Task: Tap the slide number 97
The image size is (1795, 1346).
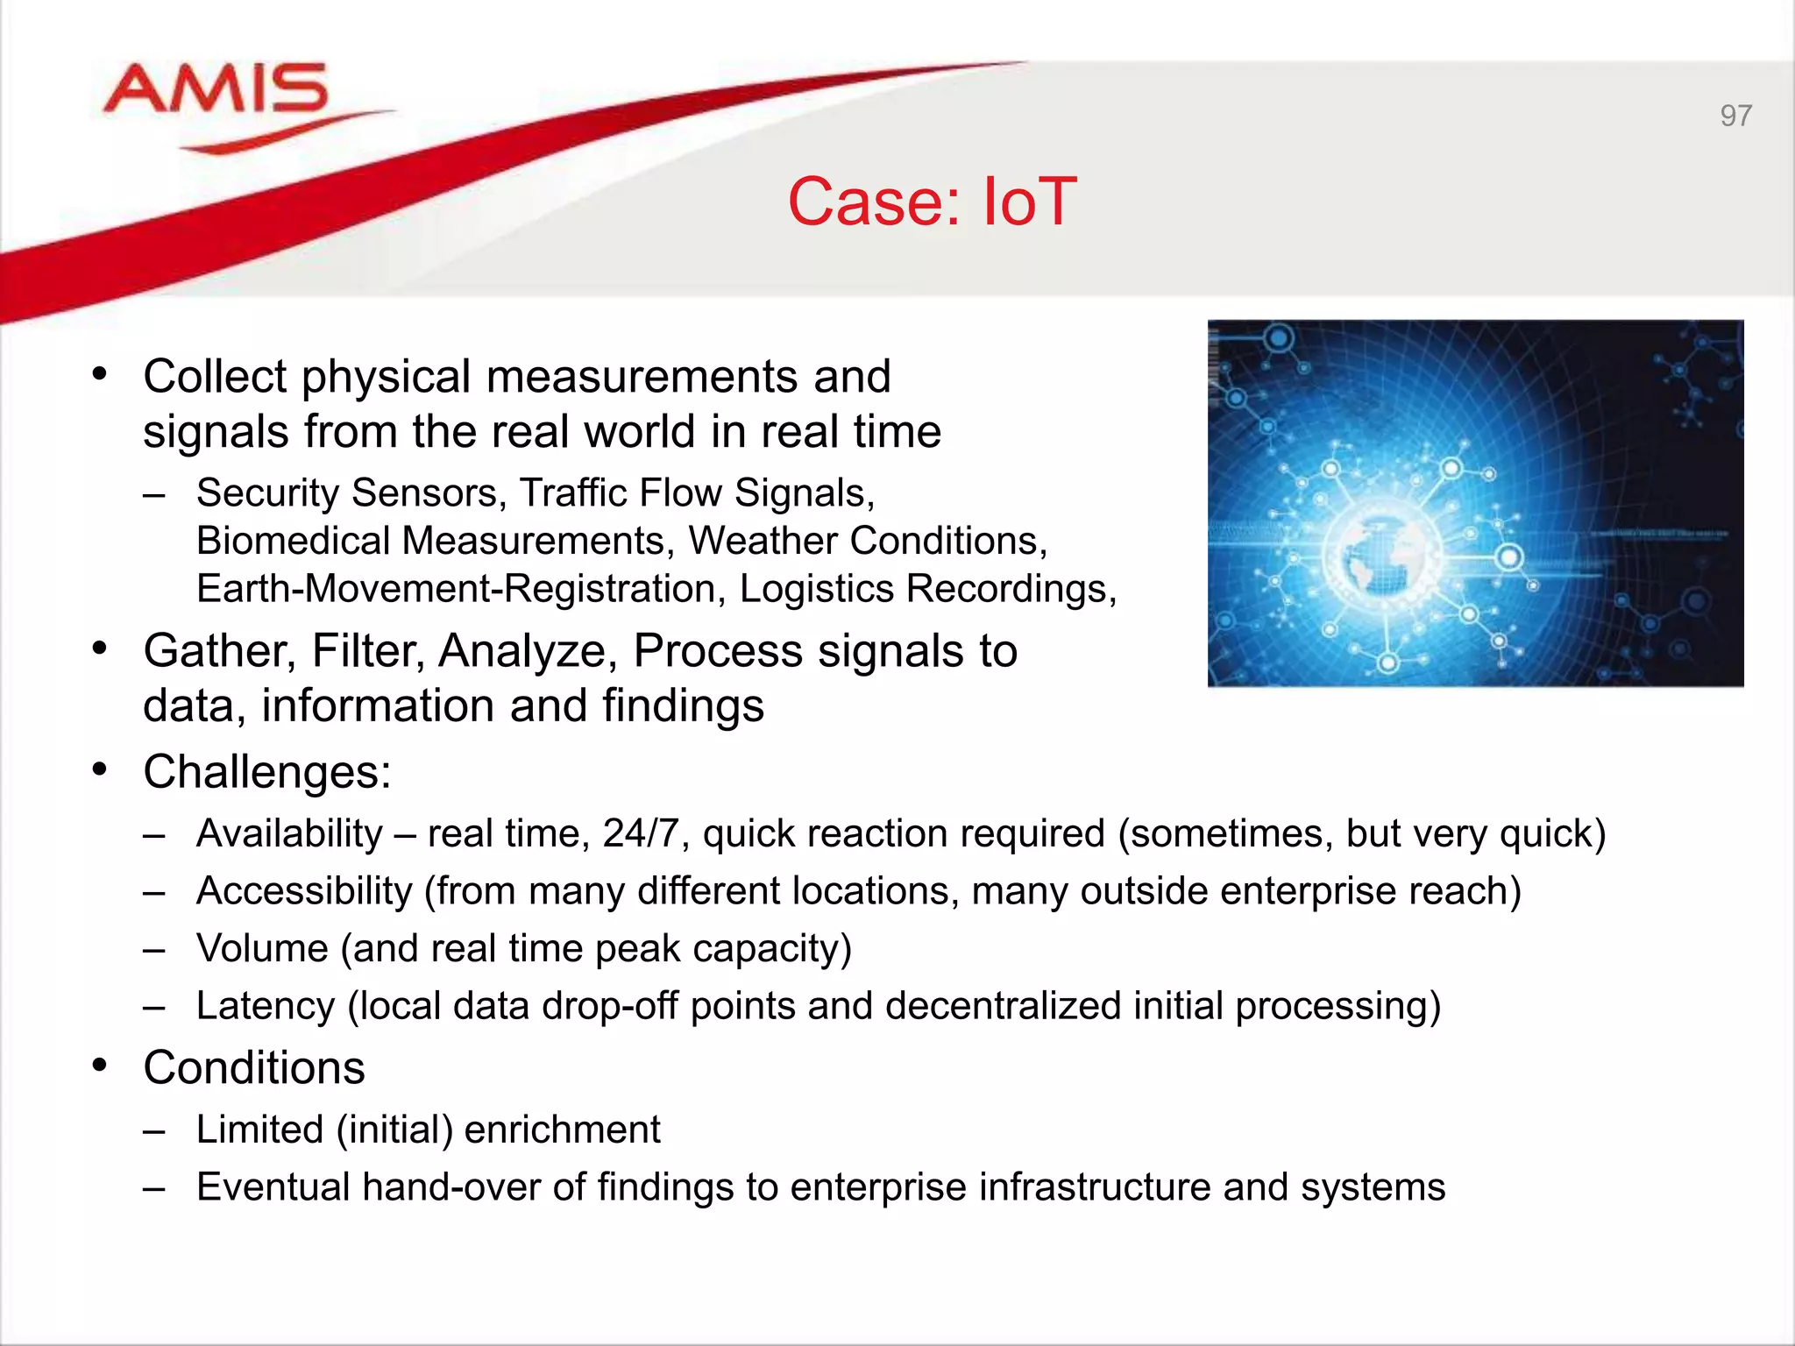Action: (1735, 116)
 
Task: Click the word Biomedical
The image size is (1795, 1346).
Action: (292, 541)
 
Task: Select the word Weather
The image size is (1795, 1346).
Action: (756, 541)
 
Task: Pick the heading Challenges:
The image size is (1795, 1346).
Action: (267, 772)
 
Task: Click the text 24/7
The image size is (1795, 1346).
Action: (641, 833)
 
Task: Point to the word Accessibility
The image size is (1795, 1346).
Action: (303, 891)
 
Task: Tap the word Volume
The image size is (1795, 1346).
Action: (262, 949)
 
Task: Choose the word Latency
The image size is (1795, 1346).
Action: (265, 1006)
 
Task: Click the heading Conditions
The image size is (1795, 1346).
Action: (254, 1068)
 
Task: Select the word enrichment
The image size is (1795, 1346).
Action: (562, 1130)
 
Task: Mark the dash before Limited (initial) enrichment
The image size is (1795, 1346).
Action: (154, 1131)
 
